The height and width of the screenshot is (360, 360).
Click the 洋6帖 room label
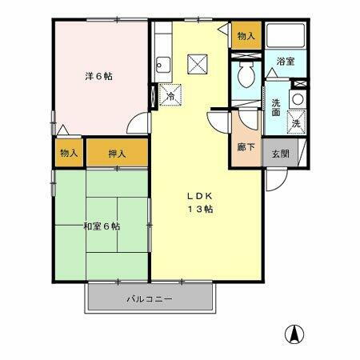[x=99, y=77]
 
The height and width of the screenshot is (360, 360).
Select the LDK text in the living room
[x=199, y=195]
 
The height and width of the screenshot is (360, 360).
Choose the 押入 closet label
[x=118, y=152]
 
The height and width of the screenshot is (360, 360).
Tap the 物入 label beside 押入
[x=69, y=152]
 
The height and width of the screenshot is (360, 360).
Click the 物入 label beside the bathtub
[x=246, y=37]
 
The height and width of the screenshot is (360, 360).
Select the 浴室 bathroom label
[x=286, y=61]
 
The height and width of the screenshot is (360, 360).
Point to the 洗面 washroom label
[x=276, y=107]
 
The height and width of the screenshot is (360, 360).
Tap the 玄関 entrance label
[x=278, y=153]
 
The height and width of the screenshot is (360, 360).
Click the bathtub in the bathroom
[x=286, y=36]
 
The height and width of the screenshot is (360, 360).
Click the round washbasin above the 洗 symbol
[x=296, y=99]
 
